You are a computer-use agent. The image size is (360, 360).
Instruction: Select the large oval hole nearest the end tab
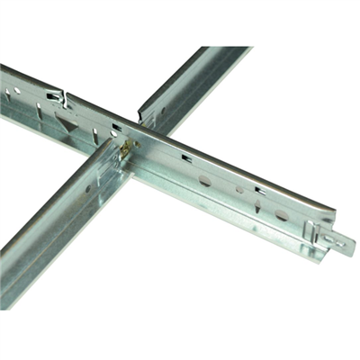[x=282, y=215]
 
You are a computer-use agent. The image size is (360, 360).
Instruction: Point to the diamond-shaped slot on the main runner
[x=262, y=206]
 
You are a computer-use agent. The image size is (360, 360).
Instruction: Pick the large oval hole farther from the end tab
[x=206, y=180]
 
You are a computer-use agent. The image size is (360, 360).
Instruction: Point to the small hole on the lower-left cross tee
[x=89, y=189]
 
